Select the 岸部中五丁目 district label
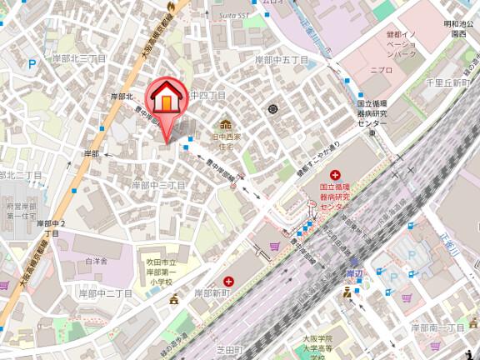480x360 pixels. pos(282,61)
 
